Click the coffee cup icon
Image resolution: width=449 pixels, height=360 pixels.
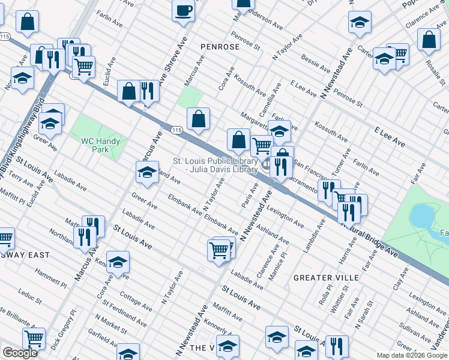tap(183, 10)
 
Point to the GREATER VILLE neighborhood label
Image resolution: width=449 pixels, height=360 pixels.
tap(326, 278)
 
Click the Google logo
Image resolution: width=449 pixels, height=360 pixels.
tap(20, 353)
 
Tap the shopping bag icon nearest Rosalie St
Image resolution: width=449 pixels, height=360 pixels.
tap(428, 40)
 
